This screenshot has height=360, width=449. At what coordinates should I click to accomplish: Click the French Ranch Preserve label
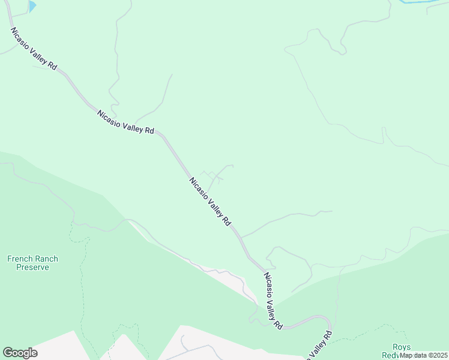[32, 263]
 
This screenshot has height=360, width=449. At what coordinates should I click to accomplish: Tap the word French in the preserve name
[19, 259]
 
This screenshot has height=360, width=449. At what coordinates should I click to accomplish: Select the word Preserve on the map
[32, 268]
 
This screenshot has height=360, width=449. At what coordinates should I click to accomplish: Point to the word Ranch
[46, 259]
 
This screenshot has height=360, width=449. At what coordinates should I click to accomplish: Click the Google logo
[20, 353]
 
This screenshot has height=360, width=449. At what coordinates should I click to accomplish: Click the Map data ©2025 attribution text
[423, 355]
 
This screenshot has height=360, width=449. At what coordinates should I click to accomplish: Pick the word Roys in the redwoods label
[401, 347]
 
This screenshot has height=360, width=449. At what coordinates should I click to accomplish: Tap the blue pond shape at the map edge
[32, 5]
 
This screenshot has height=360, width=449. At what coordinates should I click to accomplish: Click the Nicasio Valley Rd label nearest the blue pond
[33, 49]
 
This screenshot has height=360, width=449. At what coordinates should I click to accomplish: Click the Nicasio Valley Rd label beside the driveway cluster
[209, 202]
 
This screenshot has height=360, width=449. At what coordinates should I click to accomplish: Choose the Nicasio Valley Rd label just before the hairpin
[273, 300]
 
